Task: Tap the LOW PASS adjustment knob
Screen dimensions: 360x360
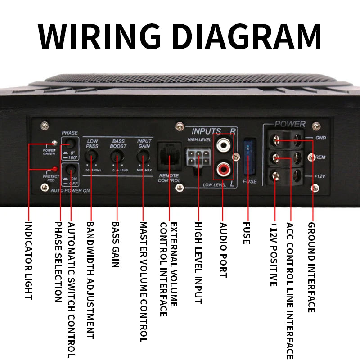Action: pos(92,156)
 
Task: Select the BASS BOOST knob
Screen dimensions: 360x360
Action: pos(118,156)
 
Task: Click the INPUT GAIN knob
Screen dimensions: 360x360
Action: pos(144,156)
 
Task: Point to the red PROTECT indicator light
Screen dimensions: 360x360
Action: pos(54,169)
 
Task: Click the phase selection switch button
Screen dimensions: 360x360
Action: pos(70,144)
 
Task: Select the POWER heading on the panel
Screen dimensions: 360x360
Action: pos(290,124)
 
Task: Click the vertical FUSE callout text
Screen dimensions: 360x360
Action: pos(246,233)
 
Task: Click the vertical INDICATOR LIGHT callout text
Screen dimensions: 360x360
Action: pos(28,261)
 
